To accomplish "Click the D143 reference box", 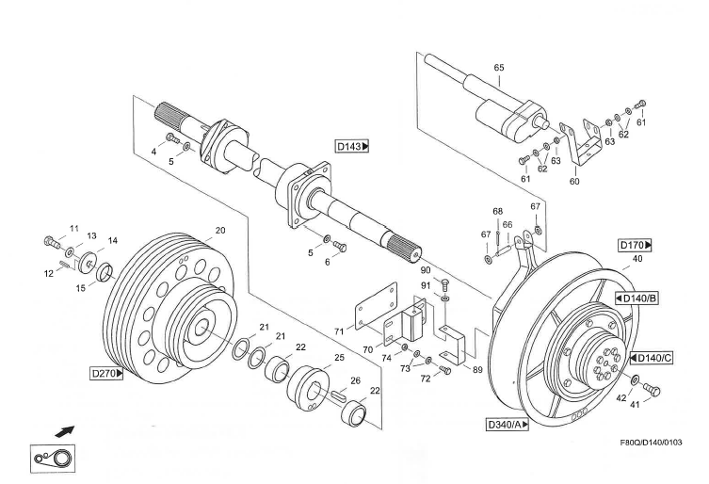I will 352,146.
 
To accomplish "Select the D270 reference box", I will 107,373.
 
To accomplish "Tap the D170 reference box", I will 636,246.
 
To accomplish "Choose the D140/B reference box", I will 636,298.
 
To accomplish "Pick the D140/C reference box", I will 650,358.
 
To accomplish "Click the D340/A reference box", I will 508,425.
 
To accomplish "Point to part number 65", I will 499,68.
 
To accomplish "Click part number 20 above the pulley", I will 220,231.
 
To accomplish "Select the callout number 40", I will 637,259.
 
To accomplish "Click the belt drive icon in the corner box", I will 52,458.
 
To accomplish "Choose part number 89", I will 477,370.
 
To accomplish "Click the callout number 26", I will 355,381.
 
